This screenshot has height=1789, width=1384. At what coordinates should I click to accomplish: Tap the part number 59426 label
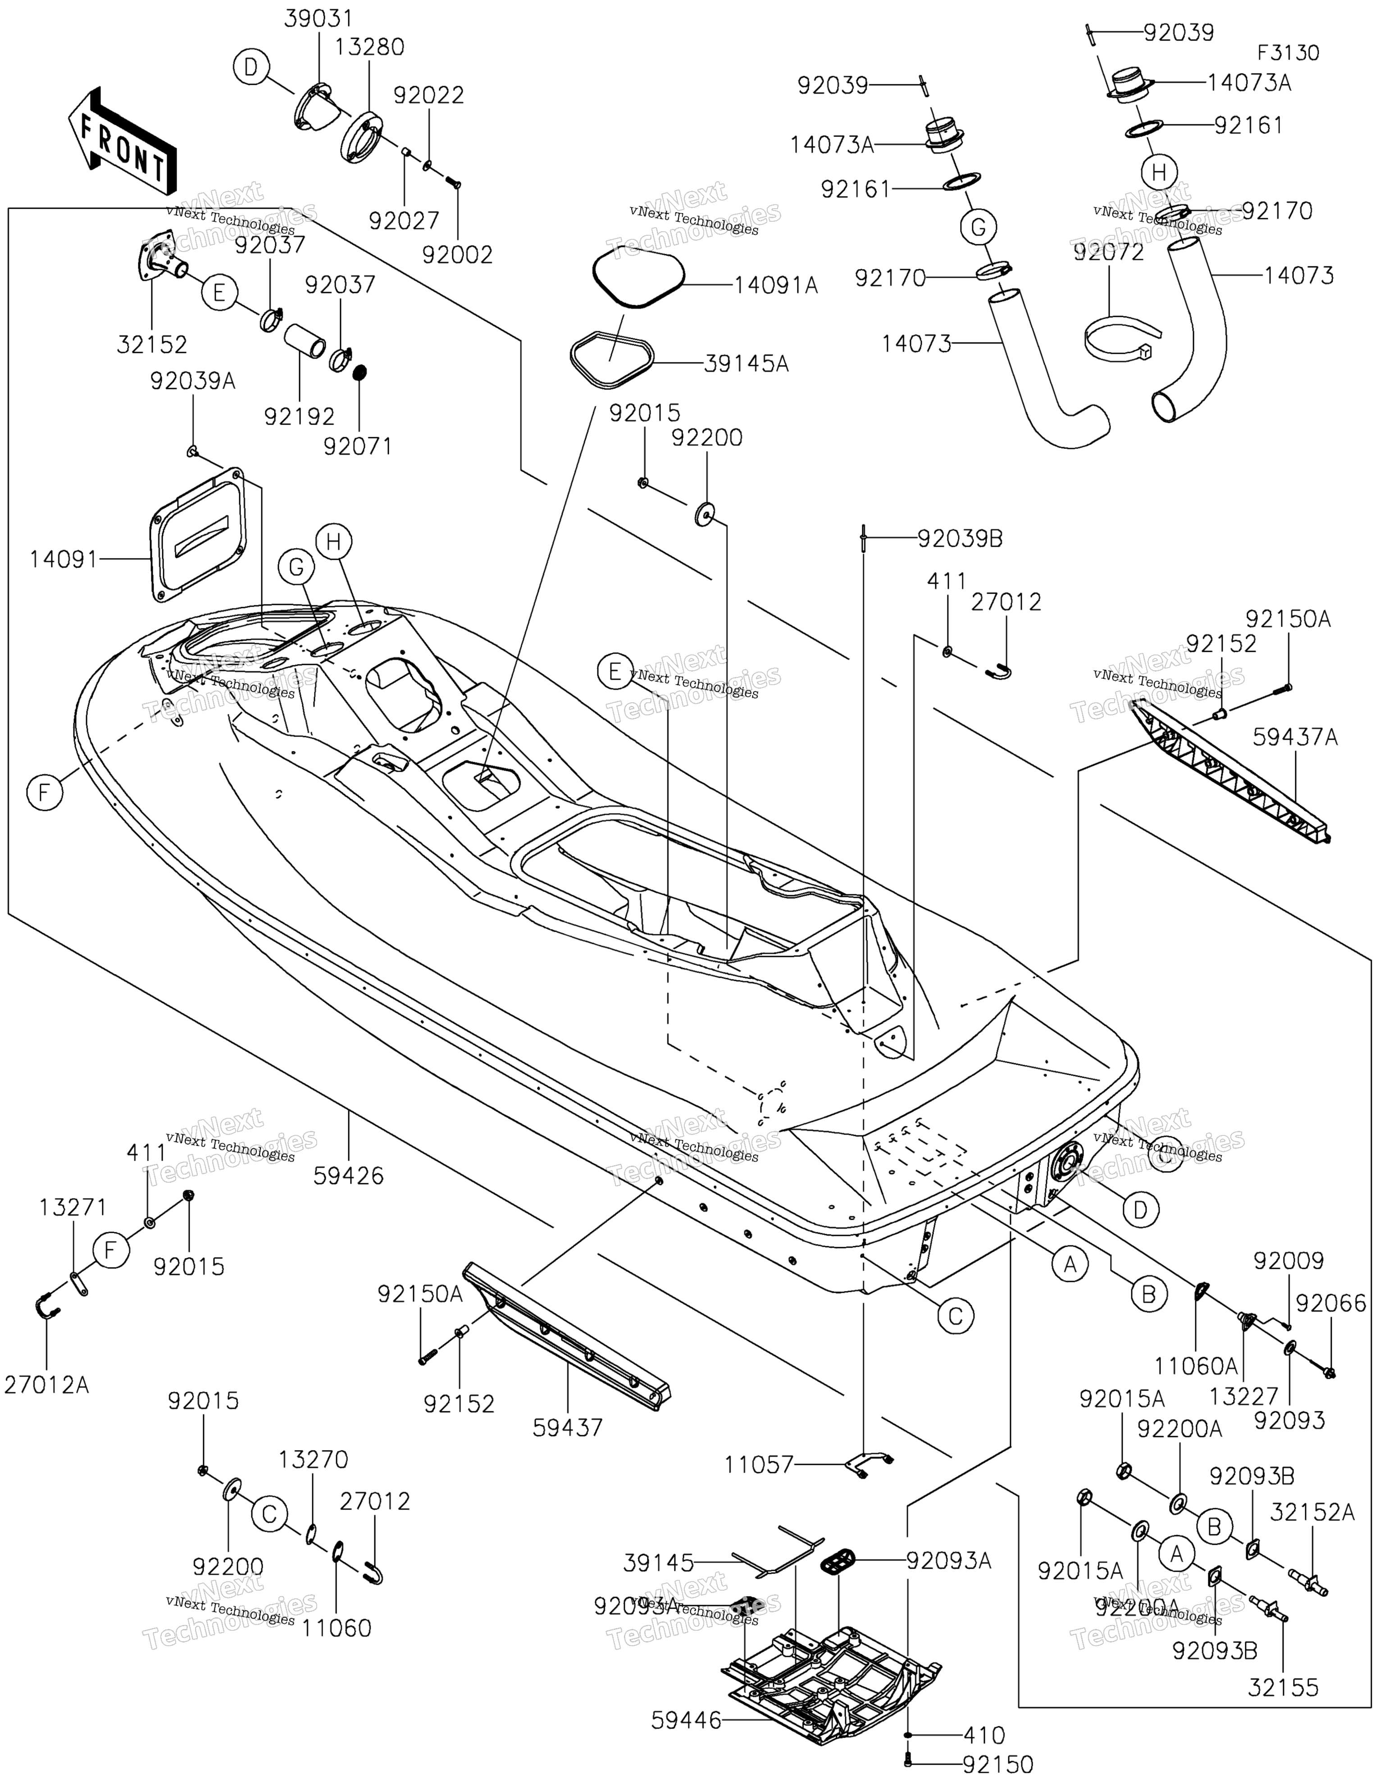[x=348, y=1176]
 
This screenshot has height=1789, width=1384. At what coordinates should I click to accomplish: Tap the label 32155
[x=1283, y=1688]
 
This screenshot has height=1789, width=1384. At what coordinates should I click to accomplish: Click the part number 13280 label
[x=369, y=47]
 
